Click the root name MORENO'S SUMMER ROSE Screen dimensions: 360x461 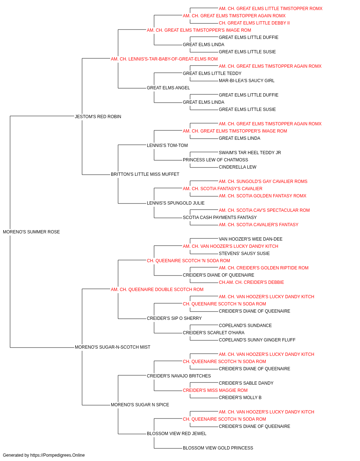(31, 232)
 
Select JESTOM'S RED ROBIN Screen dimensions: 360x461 (98, 117)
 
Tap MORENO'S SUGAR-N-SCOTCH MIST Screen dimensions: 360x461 (112, 347)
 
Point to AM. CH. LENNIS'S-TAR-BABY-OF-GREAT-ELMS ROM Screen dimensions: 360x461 (164, 59)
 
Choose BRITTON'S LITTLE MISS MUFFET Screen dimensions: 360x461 (145, 174)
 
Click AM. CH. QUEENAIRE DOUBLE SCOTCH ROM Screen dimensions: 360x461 (157, 290)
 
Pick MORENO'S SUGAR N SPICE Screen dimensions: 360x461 (140, 405)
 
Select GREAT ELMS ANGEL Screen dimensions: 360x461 (168, 88)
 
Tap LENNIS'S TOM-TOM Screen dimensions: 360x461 (167, 146)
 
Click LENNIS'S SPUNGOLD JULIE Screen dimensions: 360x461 (176, 203)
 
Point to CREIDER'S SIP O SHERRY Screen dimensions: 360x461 (174, 318)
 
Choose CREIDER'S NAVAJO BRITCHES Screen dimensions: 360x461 (179, 376)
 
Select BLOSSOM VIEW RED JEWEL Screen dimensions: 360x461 (177, 434)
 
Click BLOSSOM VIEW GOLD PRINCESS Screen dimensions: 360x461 (218, 448)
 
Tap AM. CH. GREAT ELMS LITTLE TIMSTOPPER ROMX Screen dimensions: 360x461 (270, 9)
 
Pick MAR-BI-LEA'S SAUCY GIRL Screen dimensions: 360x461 (247, 81)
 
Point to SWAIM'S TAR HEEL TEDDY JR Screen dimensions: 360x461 (250, 153)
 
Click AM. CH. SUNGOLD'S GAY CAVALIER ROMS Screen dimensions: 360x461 (263, 182)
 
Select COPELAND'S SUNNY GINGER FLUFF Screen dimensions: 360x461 (257, 340)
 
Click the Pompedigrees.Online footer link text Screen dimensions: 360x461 (58, 455)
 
